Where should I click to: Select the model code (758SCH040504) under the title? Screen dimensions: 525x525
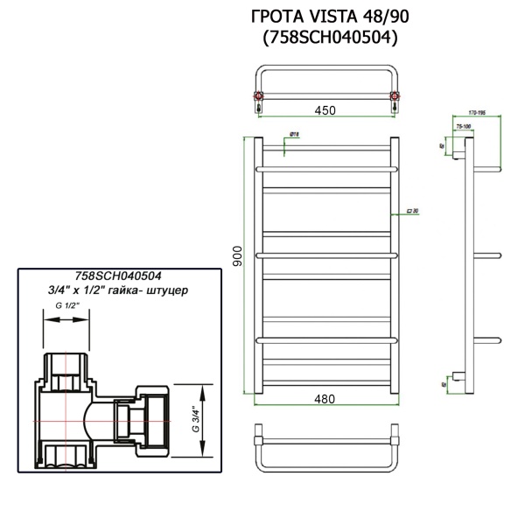tap(324, 38)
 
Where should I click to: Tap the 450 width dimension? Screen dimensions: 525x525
tap(325, 109)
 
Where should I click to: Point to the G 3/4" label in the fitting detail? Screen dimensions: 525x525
tap(193, 419)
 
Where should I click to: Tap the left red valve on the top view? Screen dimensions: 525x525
tap(258, 95)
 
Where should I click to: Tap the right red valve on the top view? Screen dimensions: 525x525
tap(395, 95)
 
